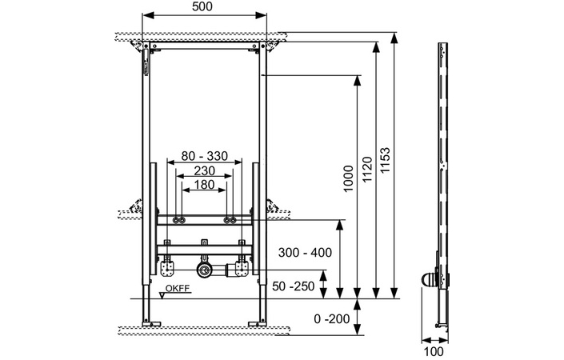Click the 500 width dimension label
(x=202, y=6)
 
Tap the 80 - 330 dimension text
(x=204, y=156)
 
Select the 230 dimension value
(x=204, y=170)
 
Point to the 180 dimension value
(x=204, y=185)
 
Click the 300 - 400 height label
(x=305, y=253)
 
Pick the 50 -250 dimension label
(x=293, y=286)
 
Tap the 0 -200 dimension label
(x=332, y=318)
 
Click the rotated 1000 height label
(x=348, y=178)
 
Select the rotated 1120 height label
(x=367, y=169)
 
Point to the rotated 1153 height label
(x=385, y=160)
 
